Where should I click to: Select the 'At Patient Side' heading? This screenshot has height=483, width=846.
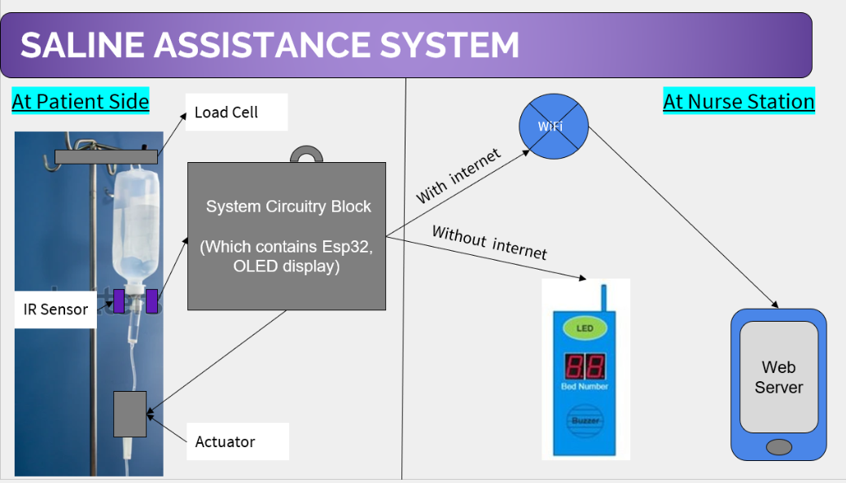[x=81, y=102]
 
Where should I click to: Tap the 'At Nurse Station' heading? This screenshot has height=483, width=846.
[x=739, y=102]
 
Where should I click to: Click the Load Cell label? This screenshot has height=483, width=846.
[x=226, y=112]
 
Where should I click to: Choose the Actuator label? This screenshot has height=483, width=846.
[x=226, y=442]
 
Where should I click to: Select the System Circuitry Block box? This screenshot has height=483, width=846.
[x=287, y=236]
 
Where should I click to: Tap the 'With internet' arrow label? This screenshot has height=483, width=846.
[x=458, y=176]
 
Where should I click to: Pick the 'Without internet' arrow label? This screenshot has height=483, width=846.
[x=489, y=242]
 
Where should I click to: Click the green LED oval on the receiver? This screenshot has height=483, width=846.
[x=585, y=328]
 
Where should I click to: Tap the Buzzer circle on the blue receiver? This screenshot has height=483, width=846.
[x=585, y=419]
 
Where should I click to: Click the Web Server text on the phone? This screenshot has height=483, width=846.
[x=778, y=377]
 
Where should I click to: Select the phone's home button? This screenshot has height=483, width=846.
[x=778, y=446]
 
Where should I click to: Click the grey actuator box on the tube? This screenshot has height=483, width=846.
[x=130, y=414]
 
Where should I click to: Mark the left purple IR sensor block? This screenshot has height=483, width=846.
[x=119, y=301]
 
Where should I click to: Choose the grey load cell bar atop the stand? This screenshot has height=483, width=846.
[x=106, y=156]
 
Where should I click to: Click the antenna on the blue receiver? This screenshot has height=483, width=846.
[x=603, y=296]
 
